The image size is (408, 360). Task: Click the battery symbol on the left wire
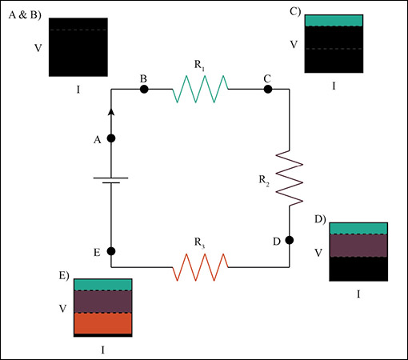(111, 180)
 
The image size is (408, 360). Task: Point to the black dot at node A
(111, 138)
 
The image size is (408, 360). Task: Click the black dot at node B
(144, 89)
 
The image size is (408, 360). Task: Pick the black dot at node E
(111, 251)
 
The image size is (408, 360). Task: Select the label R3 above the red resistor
(198, 239)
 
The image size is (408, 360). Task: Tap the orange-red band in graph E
(102, 322)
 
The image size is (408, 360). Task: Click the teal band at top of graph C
(334, 21)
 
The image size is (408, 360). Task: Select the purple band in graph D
(359, 246)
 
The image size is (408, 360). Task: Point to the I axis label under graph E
(102, 350)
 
